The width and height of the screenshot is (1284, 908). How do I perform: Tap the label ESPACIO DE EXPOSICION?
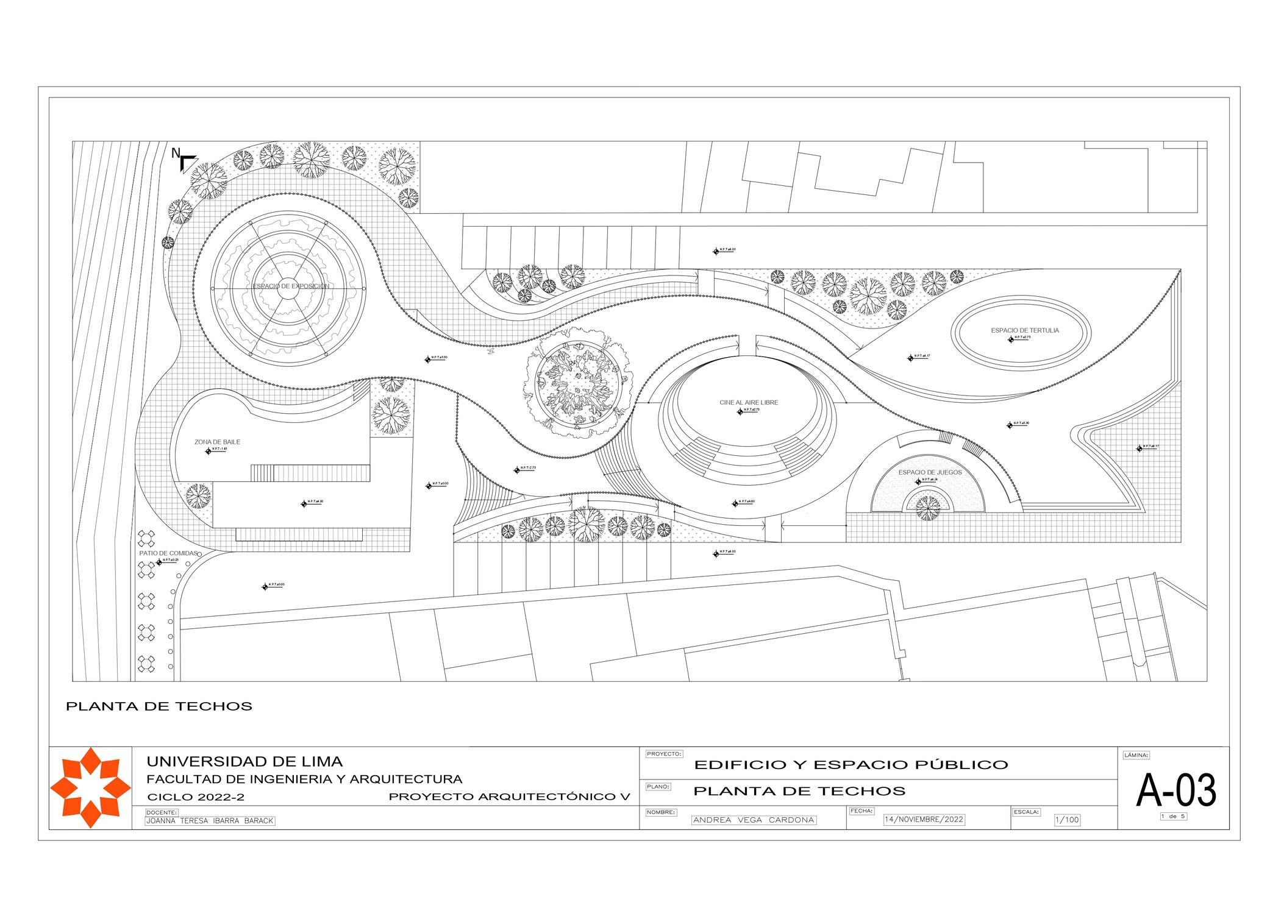tap(291, 286)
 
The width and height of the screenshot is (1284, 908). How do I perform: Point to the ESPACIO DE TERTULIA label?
tap(1024, 330)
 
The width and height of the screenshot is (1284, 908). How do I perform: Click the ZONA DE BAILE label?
tap(217, 442)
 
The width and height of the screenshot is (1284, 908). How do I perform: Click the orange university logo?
tap(90, 788)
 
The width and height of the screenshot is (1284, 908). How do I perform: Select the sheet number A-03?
tap(1175, 791)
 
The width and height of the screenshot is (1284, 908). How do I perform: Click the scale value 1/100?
tap(1066, 820)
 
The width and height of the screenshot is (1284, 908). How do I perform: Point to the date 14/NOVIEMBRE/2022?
tap(924, 820)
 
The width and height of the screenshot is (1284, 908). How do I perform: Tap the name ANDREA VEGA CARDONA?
tap(754, 820)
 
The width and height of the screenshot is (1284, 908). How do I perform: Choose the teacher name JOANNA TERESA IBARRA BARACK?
tap(210, 821)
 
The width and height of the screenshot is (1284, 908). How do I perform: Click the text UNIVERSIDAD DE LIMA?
tap(244, 762)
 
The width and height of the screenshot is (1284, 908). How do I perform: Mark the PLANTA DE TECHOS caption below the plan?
tap(159, 707)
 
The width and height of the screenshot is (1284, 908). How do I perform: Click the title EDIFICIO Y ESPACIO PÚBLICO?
tap(851, 765)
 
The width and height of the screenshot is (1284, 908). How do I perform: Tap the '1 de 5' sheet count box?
tap(1173, 816)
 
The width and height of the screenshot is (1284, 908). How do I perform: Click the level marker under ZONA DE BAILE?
tap(209, 452)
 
